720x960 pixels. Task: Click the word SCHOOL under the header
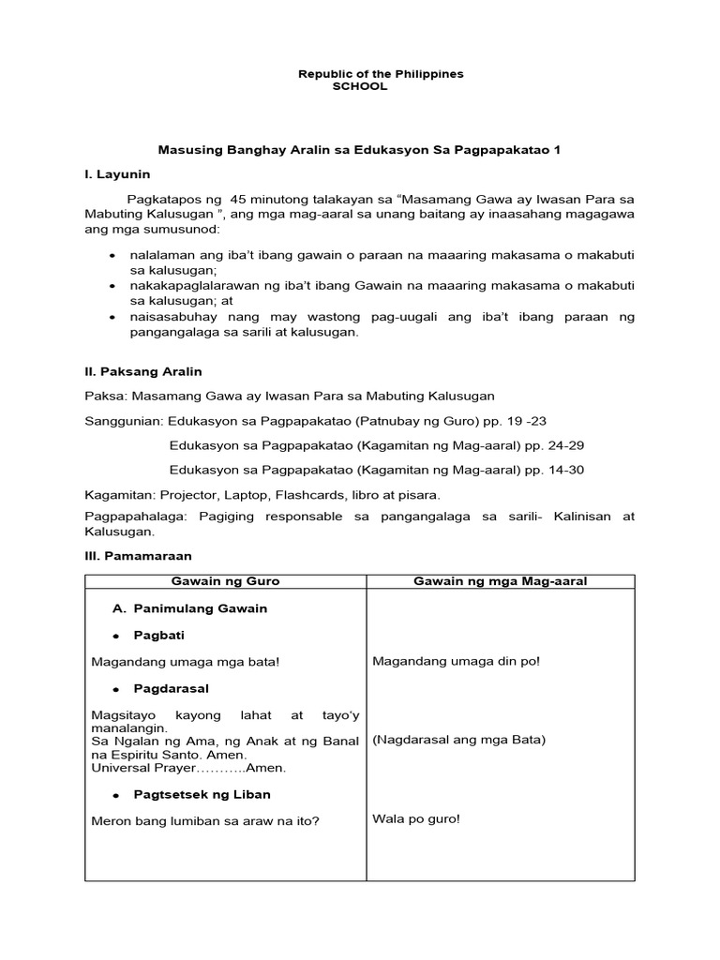(359, 86)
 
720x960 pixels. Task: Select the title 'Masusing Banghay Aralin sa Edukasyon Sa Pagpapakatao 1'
(358, 150)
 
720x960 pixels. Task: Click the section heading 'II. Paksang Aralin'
(142, 371)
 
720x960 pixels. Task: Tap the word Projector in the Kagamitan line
(186, 494)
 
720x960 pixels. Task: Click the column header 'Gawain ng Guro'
(226, 581)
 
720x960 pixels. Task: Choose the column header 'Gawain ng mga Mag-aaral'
(501, 581)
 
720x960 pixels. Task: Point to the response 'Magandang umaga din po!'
(456, 661)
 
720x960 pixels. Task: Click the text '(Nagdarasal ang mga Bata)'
(459, 740)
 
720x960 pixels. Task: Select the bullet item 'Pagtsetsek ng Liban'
(202, 794)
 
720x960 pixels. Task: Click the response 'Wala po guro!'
(416, 818)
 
